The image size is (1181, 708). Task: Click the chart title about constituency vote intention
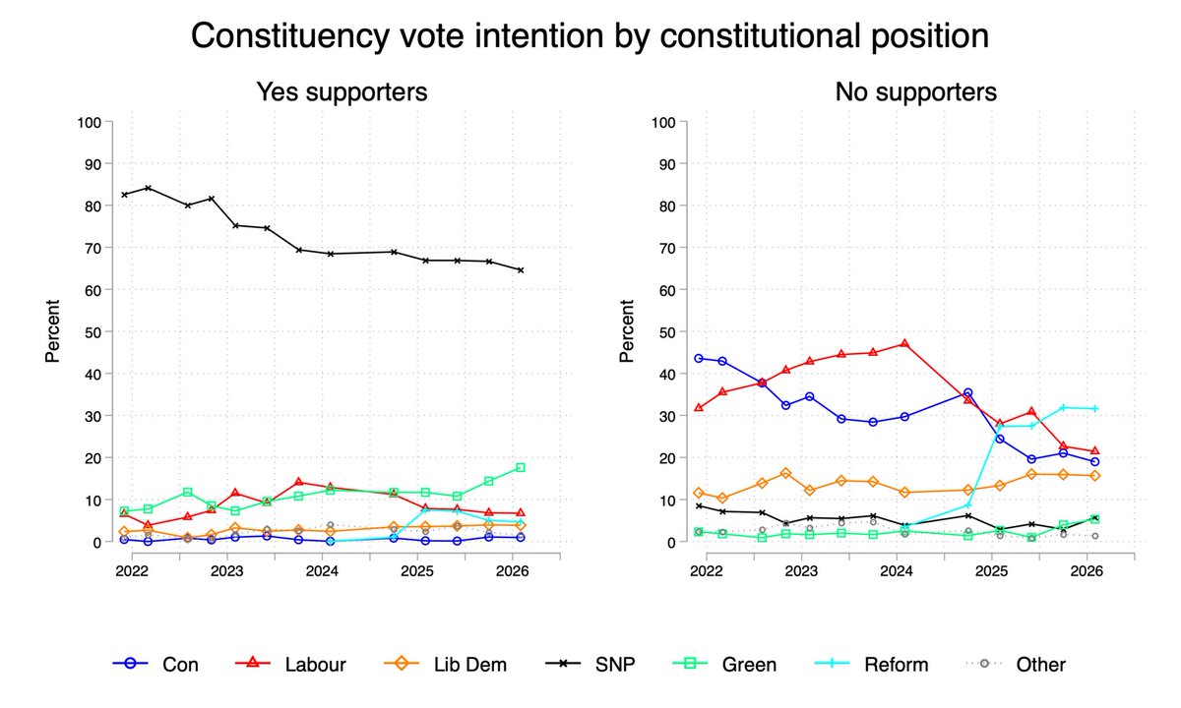click(x=590, y=35)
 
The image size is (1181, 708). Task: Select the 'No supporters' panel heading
click(x=915, y=92)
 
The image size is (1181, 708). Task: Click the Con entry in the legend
click(x=156, y=665)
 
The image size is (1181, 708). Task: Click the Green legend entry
click(x=728, y=665)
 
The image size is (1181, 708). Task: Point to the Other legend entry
click(x=1019, y=665)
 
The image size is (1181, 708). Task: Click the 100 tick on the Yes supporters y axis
click(x=89, y=122)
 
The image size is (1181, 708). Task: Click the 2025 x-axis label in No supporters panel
click(x=991, y=571)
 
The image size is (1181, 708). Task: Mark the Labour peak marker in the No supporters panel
click(x=903, y=344)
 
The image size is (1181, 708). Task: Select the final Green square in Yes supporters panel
click(x=521, y=468)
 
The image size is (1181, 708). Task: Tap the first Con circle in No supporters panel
click(x=699, y=358)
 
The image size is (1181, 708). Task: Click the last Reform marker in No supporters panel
click(x=1094, y=409)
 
